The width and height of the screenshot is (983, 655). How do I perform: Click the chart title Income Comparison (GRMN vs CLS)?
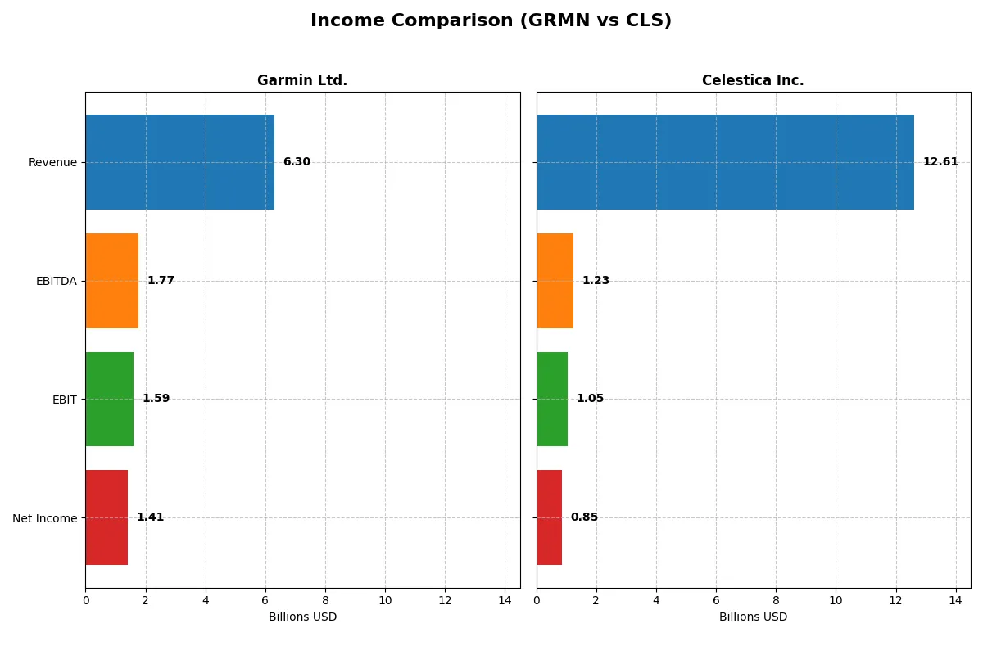coord(491,21)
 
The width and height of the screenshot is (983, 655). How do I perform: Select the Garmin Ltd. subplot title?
coord(302,80)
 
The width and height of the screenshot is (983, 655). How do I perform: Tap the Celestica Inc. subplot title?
coord(753,80)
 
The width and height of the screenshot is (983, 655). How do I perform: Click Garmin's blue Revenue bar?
coord(179,162)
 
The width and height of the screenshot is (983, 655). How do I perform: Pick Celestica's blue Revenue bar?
coord(725,162)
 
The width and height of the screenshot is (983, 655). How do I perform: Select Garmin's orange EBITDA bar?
coord(111,281)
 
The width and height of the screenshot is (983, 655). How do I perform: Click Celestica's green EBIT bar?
coord(552,399)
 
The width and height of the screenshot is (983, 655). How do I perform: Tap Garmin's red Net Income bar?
coord(106,517)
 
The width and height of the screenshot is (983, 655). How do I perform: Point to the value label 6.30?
coord(297,162)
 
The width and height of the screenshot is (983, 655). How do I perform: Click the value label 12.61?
coord(940,162)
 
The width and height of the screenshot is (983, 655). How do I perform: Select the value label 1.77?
coord(161,281)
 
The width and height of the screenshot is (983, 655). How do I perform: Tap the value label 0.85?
coord(584,517)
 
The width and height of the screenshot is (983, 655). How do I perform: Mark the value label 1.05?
coord(590,399)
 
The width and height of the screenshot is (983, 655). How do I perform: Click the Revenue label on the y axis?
coord(52,163)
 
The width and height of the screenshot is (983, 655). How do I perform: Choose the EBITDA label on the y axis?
coord(56,282)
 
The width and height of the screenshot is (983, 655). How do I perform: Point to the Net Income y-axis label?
coord(44,518)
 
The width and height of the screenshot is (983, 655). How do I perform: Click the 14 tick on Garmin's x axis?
coord(505,600)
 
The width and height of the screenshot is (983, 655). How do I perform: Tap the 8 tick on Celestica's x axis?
coord(776,600)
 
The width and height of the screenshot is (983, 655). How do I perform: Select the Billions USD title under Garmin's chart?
coord(302,617)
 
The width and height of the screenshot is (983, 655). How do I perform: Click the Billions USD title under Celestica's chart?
coord(753,617)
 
